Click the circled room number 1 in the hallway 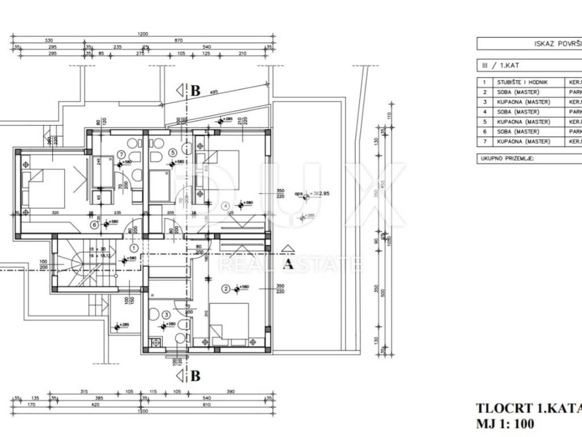(x=134, y=248)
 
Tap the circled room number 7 (x=120, y=152)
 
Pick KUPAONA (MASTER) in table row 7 (x=523, y=141)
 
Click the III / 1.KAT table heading (x=493, y=65)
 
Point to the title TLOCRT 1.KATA (x=527, y=409)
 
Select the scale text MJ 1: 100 (x=505, y=423)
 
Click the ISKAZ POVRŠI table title (x=558, y=44)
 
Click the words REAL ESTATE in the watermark (x=290, y=264)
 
